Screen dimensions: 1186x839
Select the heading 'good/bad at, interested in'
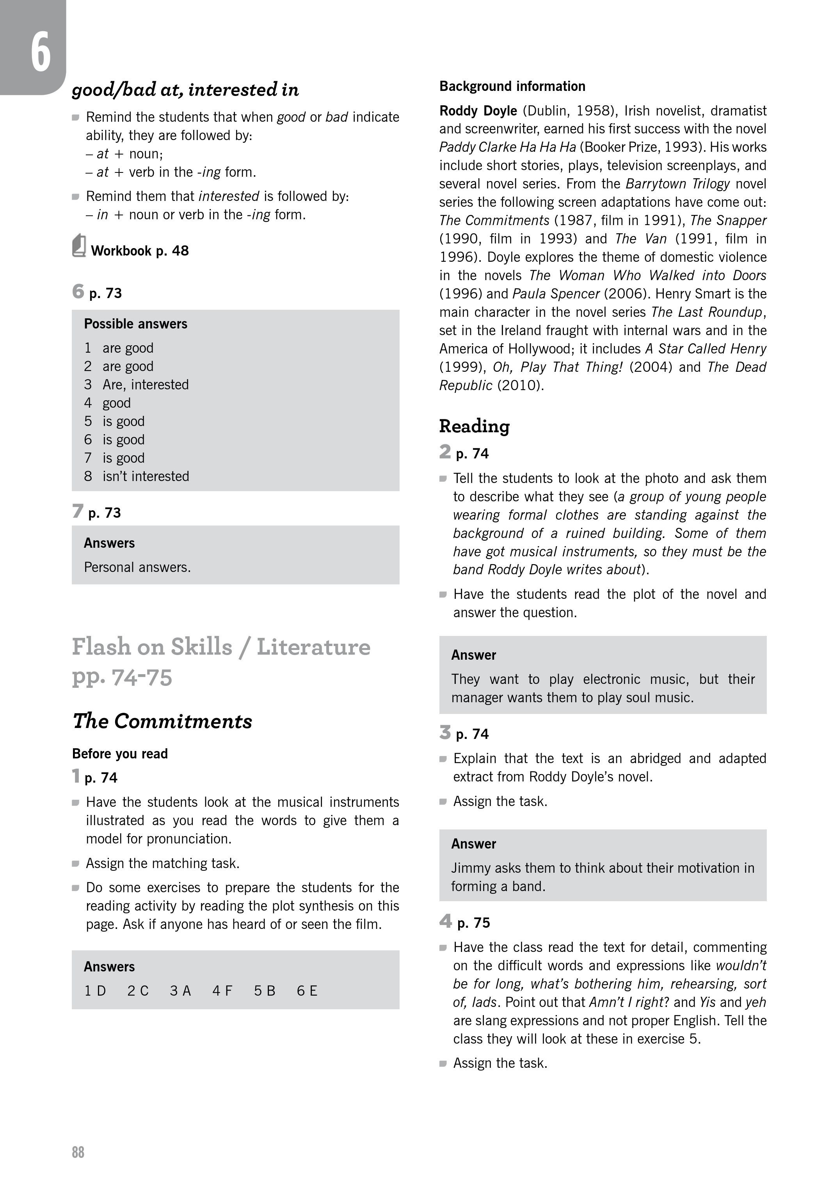(x=185, y=89)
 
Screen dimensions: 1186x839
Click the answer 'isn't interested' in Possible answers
(x=146, y=476)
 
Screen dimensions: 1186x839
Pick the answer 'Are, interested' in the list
(x=145, y=385)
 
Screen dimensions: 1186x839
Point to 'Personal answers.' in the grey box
(x=137, y=567)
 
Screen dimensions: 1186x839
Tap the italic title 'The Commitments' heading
(x=162, y=721)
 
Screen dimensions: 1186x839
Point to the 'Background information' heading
(x=512, y=86)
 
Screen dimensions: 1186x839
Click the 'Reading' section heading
(x=474, y=426)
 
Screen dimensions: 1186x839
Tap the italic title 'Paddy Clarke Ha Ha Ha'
(x=507, y=147)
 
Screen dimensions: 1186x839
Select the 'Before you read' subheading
(x=120, y=754)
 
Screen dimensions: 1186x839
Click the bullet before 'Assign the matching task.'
(x=75, y=864)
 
